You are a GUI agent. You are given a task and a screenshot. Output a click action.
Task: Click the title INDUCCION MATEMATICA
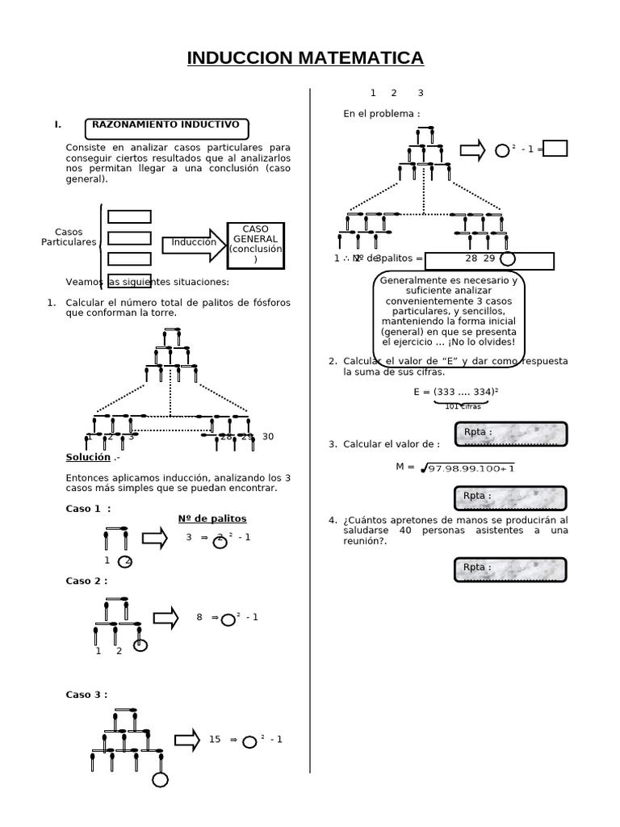point(305,58)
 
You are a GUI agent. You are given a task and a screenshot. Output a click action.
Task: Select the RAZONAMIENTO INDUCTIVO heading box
point(166,128)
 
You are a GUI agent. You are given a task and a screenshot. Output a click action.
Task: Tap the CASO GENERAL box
point(255,243)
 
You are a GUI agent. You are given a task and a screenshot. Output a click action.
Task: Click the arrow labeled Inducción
point(195,243)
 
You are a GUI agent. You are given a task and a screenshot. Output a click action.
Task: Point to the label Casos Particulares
point(69,237)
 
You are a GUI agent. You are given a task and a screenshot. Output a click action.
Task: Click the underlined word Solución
point(88,457)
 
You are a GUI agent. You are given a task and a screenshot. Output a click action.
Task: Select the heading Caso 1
point(88,509)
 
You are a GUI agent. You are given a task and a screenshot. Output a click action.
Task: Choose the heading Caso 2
point(86,581)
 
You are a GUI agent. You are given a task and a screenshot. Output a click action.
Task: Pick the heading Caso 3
point(86,695)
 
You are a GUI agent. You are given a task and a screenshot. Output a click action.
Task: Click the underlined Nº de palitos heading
point(212,518)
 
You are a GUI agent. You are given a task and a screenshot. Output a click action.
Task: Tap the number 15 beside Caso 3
point(215,739)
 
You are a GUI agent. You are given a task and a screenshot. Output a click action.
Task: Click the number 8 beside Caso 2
point(199,617)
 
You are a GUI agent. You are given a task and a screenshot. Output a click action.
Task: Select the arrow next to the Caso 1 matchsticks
point(154,539)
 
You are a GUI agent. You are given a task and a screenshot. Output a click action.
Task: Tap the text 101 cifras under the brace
point(463,406)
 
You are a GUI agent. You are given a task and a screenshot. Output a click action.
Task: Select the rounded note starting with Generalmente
point(450,315)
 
